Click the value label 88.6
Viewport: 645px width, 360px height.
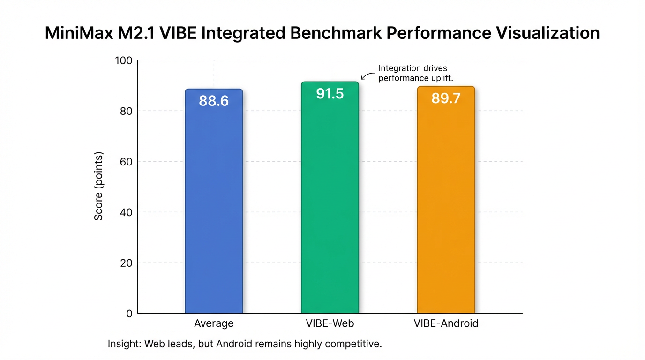tap(214, 101)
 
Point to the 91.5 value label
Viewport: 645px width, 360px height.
tap(330, 94)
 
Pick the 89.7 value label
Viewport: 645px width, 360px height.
tap(446, 98)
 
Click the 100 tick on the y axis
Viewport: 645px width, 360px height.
tap(124, 60)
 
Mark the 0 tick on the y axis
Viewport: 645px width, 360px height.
tap(129, 314)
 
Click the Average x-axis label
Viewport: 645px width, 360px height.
tap(214, 323)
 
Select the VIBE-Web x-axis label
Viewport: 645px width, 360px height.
tap(330, 323)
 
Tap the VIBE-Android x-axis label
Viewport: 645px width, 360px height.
tap(446, 323)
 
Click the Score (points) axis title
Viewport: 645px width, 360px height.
tap(99, 187)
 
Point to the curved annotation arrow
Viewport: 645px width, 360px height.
tap(368, 75)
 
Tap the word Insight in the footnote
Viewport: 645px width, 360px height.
tap(124, 344)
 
